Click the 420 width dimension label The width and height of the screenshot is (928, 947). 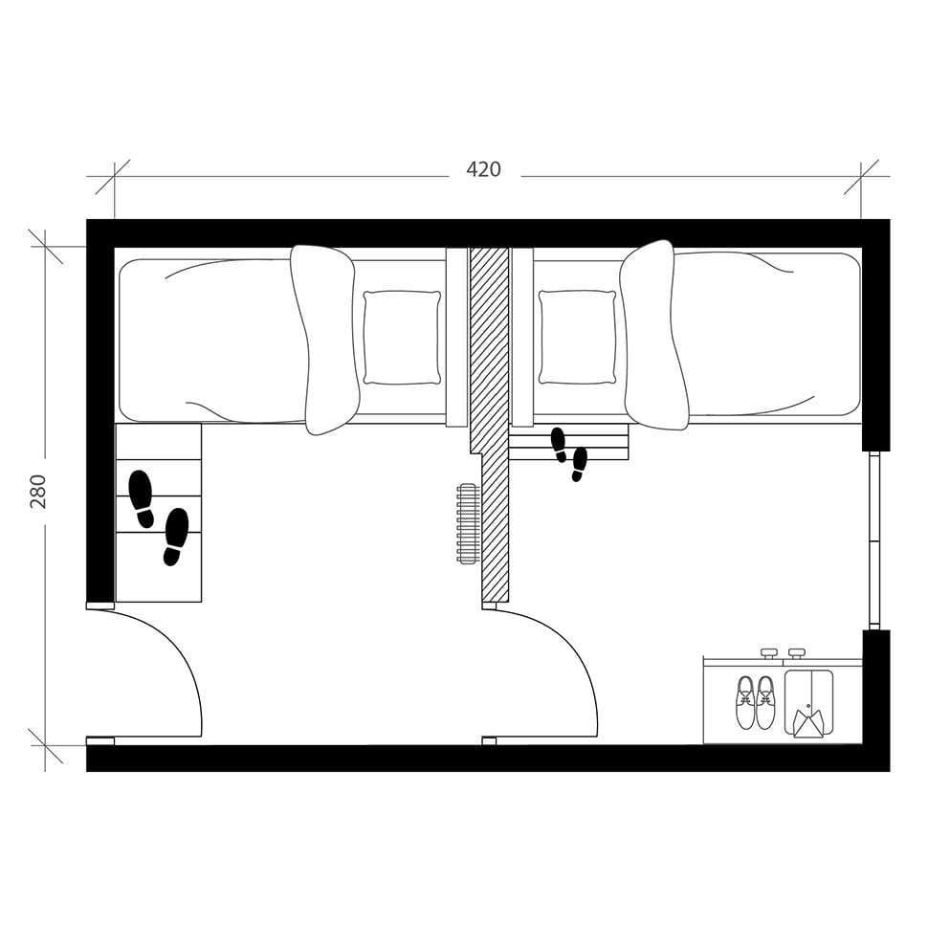(483, 170)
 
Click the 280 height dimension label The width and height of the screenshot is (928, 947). (38, 491)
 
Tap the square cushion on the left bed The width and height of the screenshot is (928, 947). (402, 338)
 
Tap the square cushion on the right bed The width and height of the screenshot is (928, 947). (577, 338)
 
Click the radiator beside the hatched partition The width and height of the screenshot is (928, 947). (468, 523)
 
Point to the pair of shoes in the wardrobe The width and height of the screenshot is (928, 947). (755, 702)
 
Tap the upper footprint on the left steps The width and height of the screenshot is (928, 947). (142, 497)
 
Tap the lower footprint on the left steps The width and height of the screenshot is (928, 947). (175, 536)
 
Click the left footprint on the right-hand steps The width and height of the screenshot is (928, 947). (559, 445)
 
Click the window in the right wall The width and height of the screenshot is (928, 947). (873, 540)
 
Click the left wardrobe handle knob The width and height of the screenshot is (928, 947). (768, 653)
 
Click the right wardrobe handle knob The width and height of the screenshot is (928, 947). (796, 653)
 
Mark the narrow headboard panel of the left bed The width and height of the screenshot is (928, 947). (456, 337)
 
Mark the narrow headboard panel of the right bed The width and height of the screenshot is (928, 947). (522, 337)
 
